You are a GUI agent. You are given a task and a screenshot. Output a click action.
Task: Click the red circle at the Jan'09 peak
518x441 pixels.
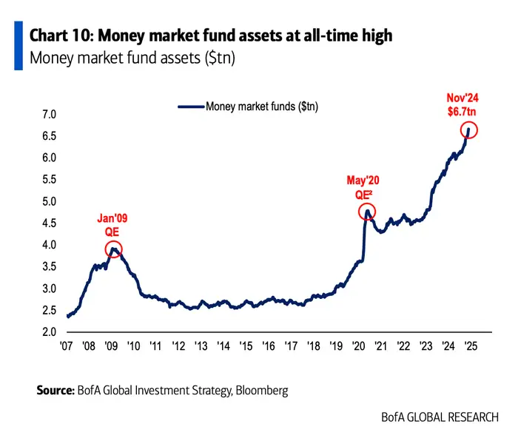112,250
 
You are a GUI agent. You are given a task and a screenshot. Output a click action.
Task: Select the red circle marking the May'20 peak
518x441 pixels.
366,213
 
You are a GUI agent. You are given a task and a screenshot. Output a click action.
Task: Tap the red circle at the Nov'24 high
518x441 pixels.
469,131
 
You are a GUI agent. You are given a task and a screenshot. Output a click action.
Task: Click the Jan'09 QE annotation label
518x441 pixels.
112,223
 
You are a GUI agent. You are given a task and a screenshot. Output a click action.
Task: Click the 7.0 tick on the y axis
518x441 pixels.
50,115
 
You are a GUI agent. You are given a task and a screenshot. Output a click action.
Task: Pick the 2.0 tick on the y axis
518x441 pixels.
50,332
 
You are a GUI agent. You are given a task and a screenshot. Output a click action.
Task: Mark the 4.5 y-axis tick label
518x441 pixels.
50,223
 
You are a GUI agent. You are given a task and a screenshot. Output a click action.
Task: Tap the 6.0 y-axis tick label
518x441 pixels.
50,158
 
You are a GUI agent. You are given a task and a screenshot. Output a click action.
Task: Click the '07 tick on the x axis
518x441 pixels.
67,346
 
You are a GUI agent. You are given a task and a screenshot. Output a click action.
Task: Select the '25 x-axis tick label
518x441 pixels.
469,346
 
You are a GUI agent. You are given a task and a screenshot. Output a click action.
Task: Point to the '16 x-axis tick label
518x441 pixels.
269,346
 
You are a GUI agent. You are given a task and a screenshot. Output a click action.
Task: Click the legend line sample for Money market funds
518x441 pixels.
191,107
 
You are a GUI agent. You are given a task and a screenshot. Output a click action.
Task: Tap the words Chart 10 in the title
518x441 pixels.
58,36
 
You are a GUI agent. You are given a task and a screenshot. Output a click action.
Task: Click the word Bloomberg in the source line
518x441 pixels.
258,389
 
